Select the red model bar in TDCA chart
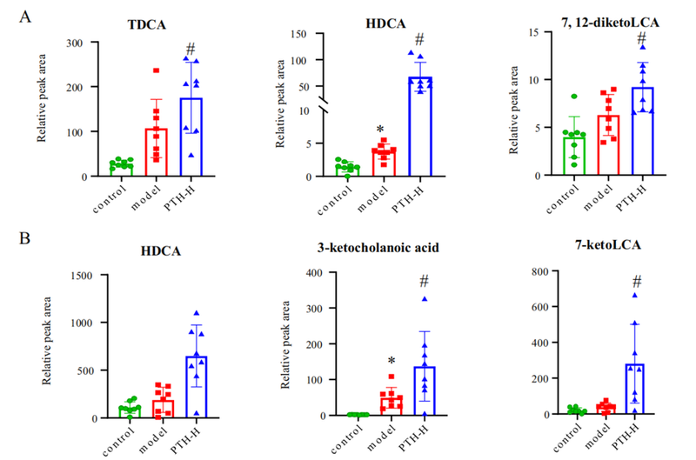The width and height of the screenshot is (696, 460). tap(156, 153)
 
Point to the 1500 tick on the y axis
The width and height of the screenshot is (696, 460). tap(82, 276)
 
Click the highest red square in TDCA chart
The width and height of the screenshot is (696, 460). tap(157, 70)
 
